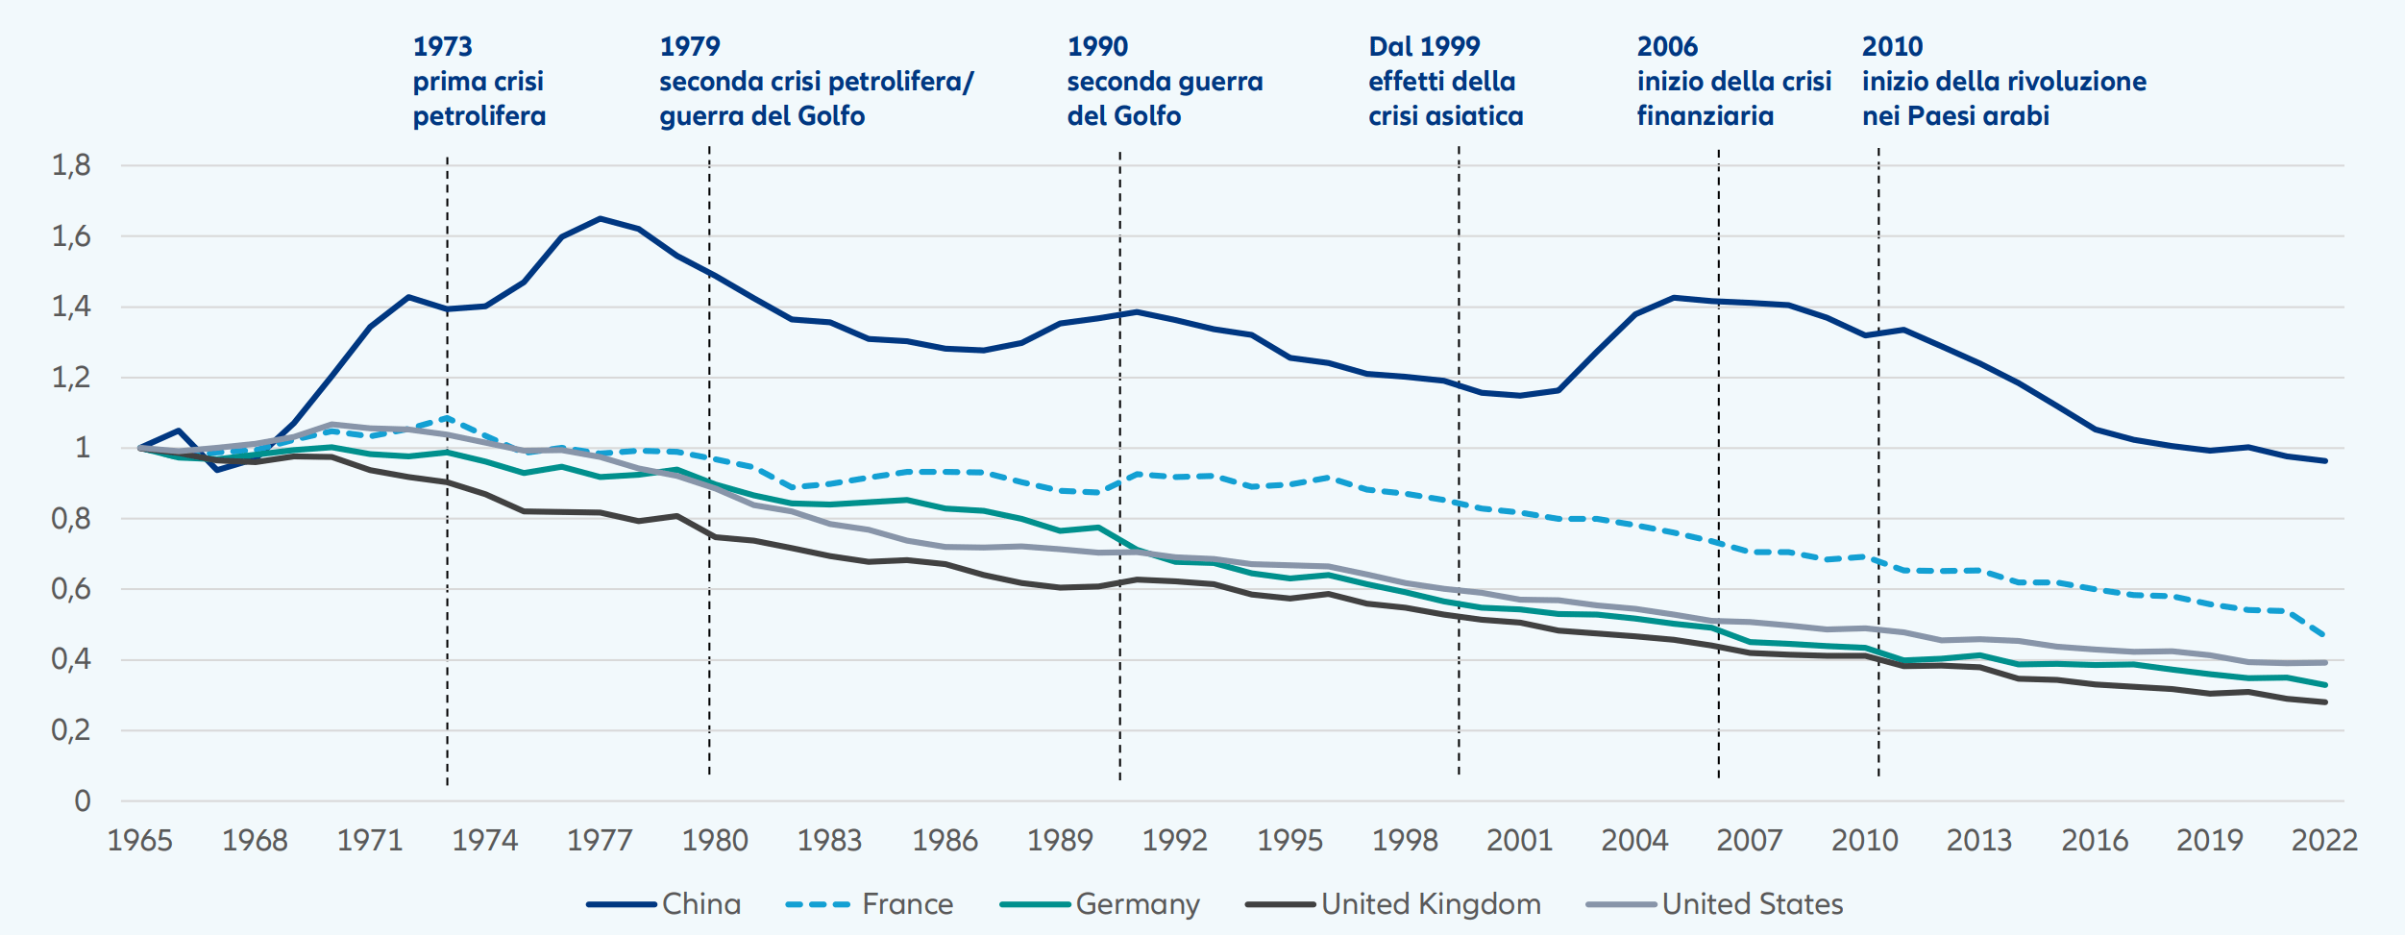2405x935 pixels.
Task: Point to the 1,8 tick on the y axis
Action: click(x=71, y=165)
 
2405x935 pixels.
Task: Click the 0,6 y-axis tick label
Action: click(x=71, y=589)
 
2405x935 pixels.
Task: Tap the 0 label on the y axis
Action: click(x=83, y=800)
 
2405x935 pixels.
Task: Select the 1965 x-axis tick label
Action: click(x=140, y=841)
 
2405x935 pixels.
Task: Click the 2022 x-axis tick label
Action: click(x=2324, y=841)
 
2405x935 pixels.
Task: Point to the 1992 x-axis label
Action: click(x=1174, y=841)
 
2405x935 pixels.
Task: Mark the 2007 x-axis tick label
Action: click(x=1749, y=841)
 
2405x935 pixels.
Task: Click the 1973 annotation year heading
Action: click(x=443, y=46)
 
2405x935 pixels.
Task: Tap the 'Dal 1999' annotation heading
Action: click(x=1424, y=46)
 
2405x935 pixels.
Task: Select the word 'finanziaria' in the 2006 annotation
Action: click(x=1706, y=116)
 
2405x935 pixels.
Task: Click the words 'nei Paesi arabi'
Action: click(x=1955, y=116)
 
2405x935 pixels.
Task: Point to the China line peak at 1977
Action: click(x=601, y=218)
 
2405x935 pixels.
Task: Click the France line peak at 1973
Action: click(x=447, y=418)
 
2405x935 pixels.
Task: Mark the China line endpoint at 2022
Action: click(x=2325, y=461)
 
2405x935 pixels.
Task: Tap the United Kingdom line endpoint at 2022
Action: click(x=2325, y=702)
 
